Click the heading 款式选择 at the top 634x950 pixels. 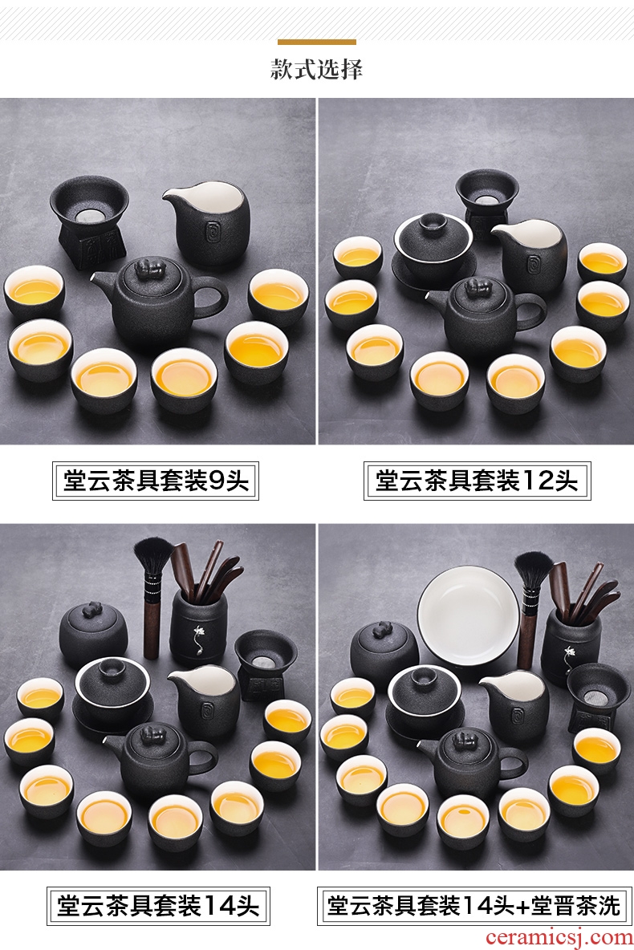316,69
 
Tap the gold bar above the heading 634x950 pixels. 317,43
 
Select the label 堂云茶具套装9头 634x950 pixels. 156,481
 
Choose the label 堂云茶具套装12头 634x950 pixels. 477,481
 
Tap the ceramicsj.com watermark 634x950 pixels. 559,938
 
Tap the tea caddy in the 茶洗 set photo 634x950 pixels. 385,649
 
